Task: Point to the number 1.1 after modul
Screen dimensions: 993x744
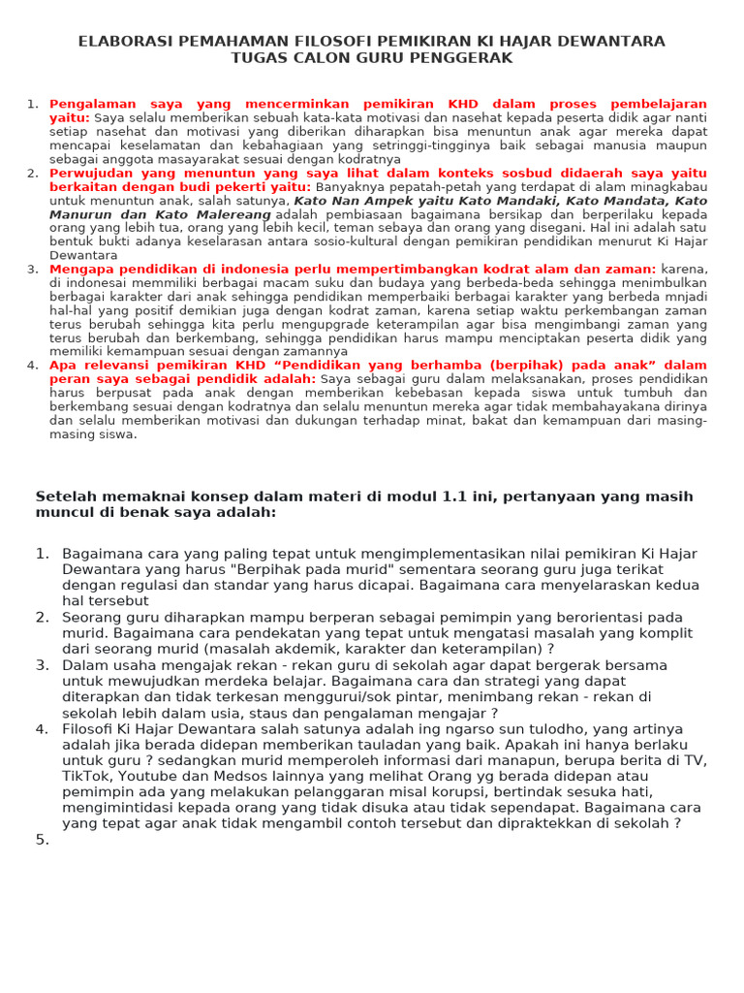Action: (457, 496)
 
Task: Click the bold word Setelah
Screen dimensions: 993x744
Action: (64, 496)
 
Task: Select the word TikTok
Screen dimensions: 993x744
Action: (86, 776)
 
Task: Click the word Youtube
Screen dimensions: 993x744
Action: (149, 776)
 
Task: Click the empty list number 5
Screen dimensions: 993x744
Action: (42, 840)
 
